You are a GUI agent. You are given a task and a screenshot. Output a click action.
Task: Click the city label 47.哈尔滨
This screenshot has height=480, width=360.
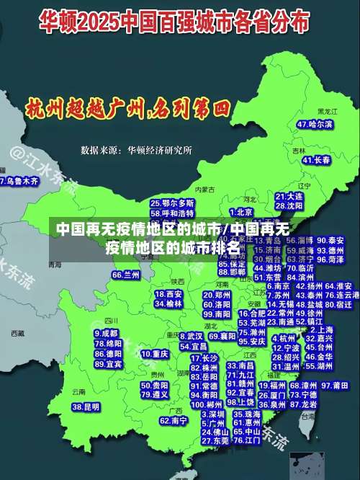coord(315,125)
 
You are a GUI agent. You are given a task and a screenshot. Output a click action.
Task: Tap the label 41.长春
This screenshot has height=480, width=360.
coord(315,159)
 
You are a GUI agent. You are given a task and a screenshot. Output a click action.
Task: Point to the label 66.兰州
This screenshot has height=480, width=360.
coord(126,275)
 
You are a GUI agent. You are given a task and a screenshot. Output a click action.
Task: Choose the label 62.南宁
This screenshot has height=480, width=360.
coord(174,420)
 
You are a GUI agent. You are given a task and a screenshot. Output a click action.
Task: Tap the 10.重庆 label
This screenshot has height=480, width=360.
coord(155,355)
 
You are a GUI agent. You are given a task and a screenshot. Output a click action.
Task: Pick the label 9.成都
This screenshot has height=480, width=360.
coord(107,334)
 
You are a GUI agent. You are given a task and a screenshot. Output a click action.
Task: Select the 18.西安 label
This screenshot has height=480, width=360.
coord(168,294)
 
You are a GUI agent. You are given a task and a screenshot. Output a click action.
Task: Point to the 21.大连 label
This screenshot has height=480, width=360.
coord(289,196)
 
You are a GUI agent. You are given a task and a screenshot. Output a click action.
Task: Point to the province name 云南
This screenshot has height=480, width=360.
coord(79,391)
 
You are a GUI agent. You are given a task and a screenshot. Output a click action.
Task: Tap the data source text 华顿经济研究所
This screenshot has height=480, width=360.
coord(160,151)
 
